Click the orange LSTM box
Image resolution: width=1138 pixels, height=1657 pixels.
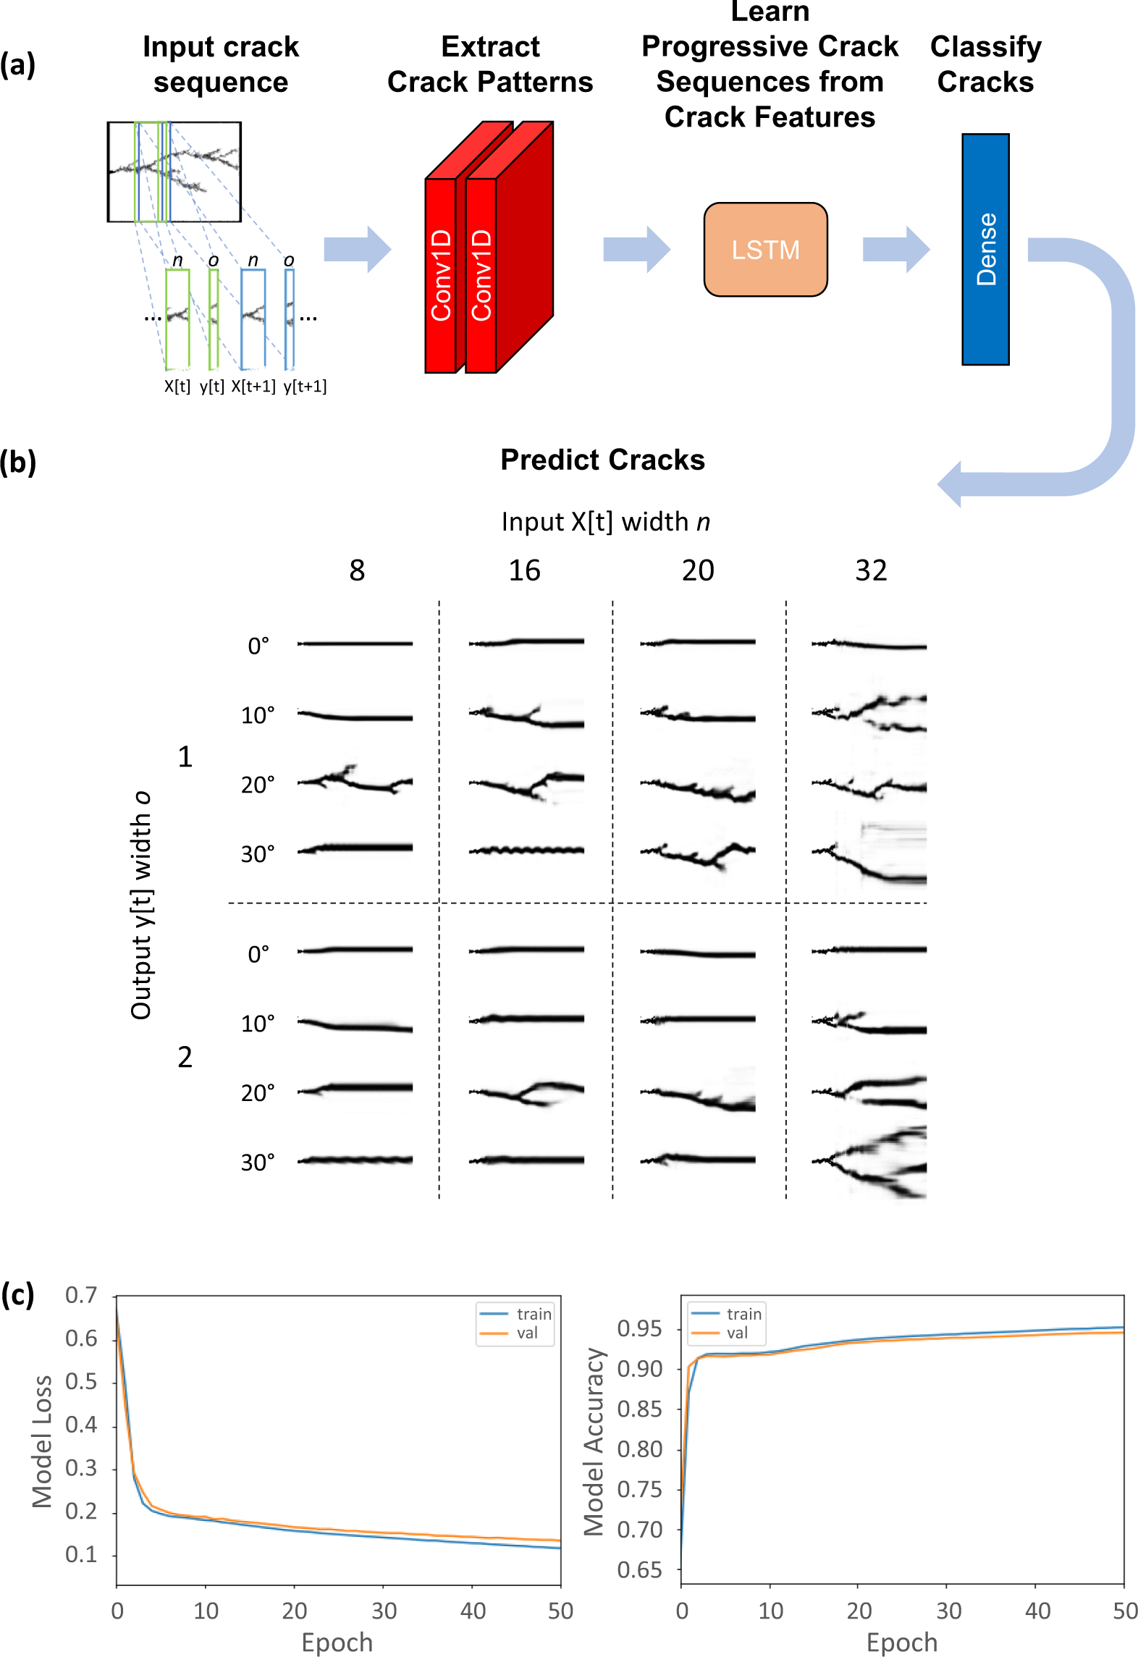pos(765,250)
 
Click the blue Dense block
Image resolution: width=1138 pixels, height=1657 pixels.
pos(985,249)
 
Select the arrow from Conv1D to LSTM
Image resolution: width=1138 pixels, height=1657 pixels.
pos(636,249)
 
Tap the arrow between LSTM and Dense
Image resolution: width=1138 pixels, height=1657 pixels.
pos(895,249)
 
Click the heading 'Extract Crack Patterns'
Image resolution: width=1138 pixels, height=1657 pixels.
pos(490,64)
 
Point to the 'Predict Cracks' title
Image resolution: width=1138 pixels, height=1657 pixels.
pos(602,460)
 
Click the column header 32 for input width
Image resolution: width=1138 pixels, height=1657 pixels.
pos(871,570)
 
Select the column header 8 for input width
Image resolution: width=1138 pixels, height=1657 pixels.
pos(357,570)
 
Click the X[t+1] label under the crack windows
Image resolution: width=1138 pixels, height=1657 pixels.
pos(253,387)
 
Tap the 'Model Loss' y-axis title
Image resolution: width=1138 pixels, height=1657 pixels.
pos(42,1441)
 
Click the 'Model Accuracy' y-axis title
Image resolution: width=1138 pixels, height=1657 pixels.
pos(594,1441)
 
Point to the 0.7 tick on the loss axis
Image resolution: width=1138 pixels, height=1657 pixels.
pos(81,1295)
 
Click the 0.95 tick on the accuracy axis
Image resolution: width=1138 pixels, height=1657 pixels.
pos(639,1328)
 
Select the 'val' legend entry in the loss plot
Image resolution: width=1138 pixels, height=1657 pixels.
pos(527,1333)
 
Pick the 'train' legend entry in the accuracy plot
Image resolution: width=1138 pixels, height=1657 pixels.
pos(743,1314)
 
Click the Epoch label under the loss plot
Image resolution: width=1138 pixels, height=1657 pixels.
pos(337,1642)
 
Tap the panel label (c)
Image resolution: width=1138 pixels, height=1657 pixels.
pos(17,1294)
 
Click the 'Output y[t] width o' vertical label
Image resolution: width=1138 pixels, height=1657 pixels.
pos(140,905)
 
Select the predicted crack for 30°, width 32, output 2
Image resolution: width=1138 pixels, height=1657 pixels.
pos(869,1161)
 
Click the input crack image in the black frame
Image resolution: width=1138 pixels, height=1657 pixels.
pos(174,172)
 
